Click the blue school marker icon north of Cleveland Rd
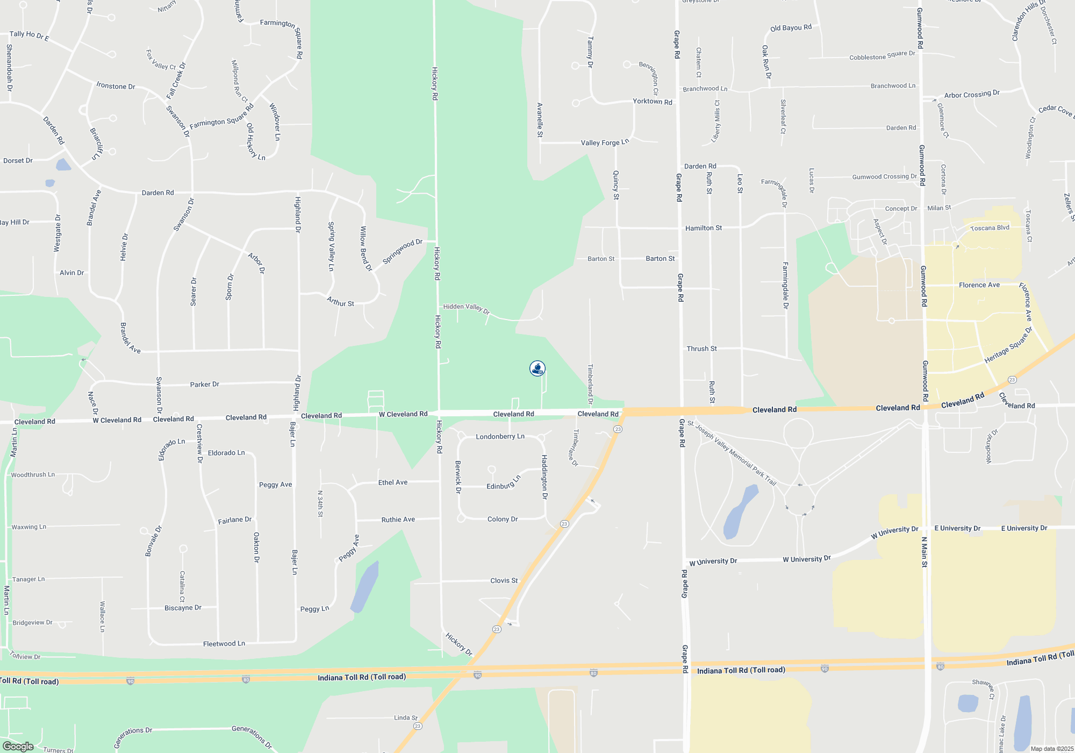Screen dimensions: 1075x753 [x=537, y=368]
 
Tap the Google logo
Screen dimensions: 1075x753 [x=18, y=746]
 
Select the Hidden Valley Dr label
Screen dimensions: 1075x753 [x=466, y=308]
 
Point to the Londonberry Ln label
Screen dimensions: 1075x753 [x=500, y=436]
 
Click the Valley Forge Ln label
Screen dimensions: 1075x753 [x=605, y=143]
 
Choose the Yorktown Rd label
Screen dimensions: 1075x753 [x=652, y=101]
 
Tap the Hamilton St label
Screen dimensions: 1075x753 [x=703, y=228]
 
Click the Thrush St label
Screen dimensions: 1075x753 [x=701, y=349]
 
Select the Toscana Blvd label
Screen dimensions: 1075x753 [x=990, y=228]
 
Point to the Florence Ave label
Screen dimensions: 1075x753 [x=979, y=285]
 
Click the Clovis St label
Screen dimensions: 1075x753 [x=504, y=581]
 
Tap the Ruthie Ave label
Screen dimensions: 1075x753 [x=398, y=520]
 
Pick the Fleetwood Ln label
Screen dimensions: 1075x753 [x=224, y=644]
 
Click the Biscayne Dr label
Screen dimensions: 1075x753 [x=183, y=608]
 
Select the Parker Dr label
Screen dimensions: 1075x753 [x=204, y=385]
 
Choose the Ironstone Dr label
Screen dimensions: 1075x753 [x=116, y=86]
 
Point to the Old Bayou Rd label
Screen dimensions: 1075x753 [x=791, y=28]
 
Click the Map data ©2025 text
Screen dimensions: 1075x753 [x=1051, y=749]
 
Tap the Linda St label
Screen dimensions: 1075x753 [x=405, y=718]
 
